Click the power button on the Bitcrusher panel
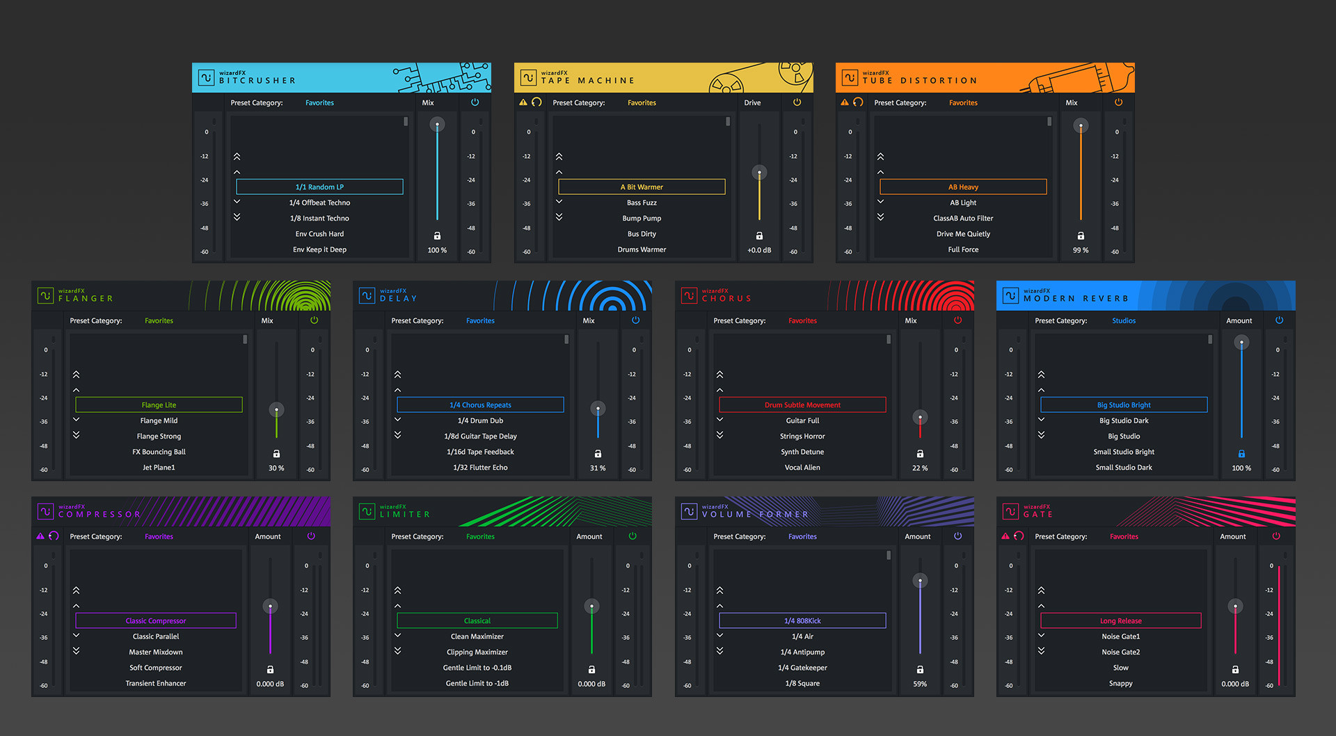click(475, 102)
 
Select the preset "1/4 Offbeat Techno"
click(319, 203)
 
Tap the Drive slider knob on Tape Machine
click(759, 172)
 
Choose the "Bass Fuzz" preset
click(642, 203)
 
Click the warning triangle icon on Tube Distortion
click(845, 102)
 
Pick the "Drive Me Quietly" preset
click(963, 234)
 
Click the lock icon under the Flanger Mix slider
click(276, 453)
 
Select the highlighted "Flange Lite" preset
click(159, 405)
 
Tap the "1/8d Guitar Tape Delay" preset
click(480, 436)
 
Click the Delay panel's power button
click(635, 320)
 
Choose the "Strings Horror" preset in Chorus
click(802, 436)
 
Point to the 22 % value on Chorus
click(920, 468)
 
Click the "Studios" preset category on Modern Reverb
click(1124, 321)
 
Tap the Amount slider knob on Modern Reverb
click(1241, 343)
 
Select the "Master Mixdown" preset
click(156, 652)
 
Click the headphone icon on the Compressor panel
click(54, 536)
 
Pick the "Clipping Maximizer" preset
click(477, 652)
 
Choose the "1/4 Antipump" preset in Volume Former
click(802, 652)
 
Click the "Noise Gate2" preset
click(1120, 652)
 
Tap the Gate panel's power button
click(1276, 536)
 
